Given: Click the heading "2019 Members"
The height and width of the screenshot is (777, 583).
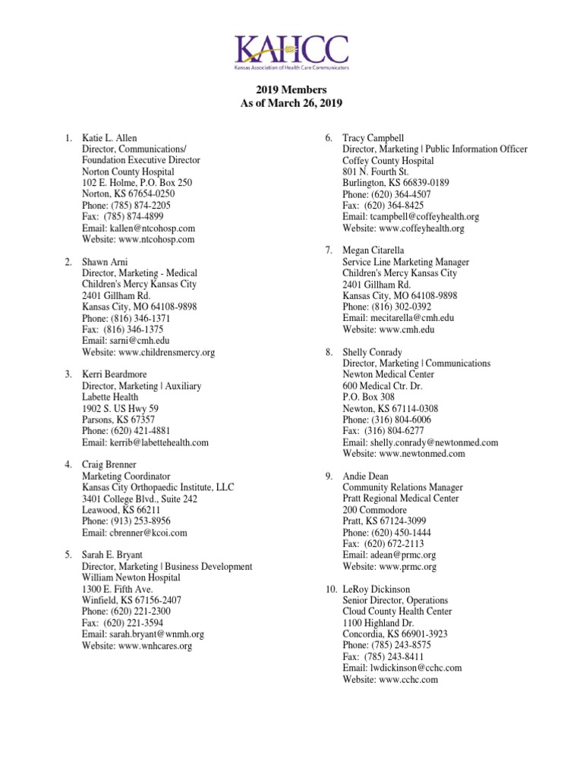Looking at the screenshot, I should click(x=291, y=90).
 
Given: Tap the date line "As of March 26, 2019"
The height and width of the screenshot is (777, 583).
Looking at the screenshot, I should click(x=291, y=104).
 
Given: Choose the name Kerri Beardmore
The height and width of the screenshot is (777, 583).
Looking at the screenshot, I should click(x=115, y=375).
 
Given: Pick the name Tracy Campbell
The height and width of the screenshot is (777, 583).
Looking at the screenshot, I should click(x=373, y=138).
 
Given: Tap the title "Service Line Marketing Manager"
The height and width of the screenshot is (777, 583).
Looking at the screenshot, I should click(x=405, y=262).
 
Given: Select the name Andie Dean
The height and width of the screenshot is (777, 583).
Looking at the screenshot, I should click(x=366, y=477).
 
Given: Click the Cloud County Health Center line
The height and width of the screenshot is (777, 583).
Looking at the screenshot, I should click(x=397, y=611).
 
